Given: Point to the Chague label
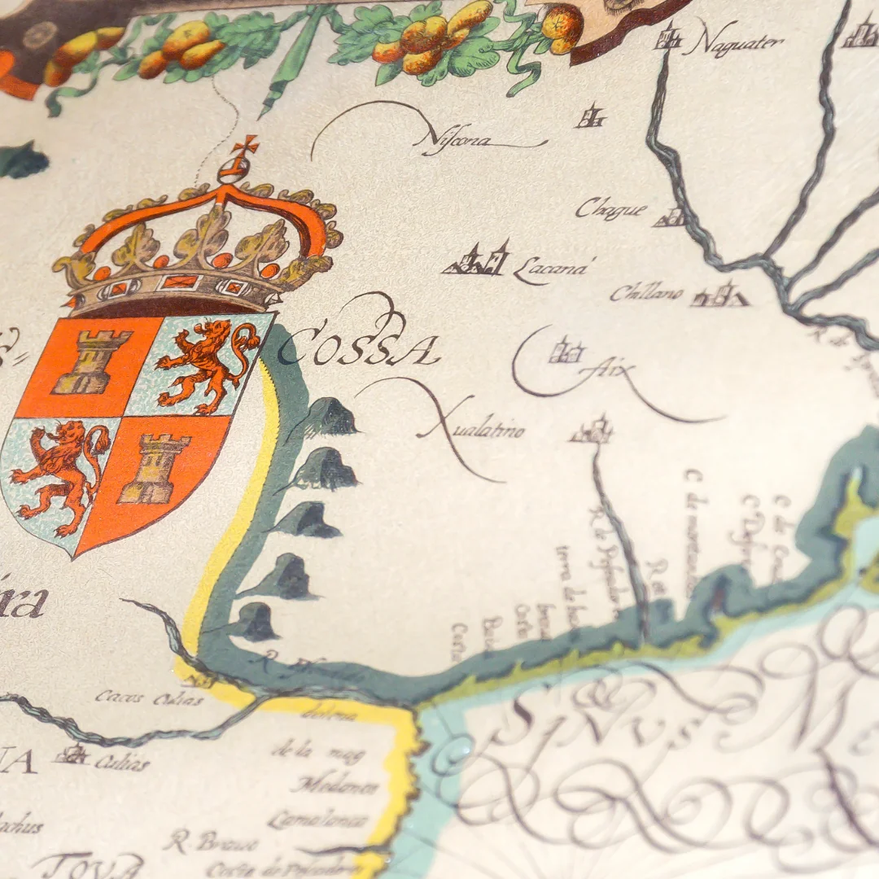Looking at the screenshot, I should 610,210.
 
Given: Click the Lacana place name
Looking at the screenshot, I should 549,269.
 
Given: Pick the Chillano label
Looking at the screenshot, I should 646,292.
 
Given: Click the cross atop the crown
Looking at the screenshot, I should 245,146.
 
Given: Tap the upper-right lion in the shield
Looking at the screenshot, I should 207,362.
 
